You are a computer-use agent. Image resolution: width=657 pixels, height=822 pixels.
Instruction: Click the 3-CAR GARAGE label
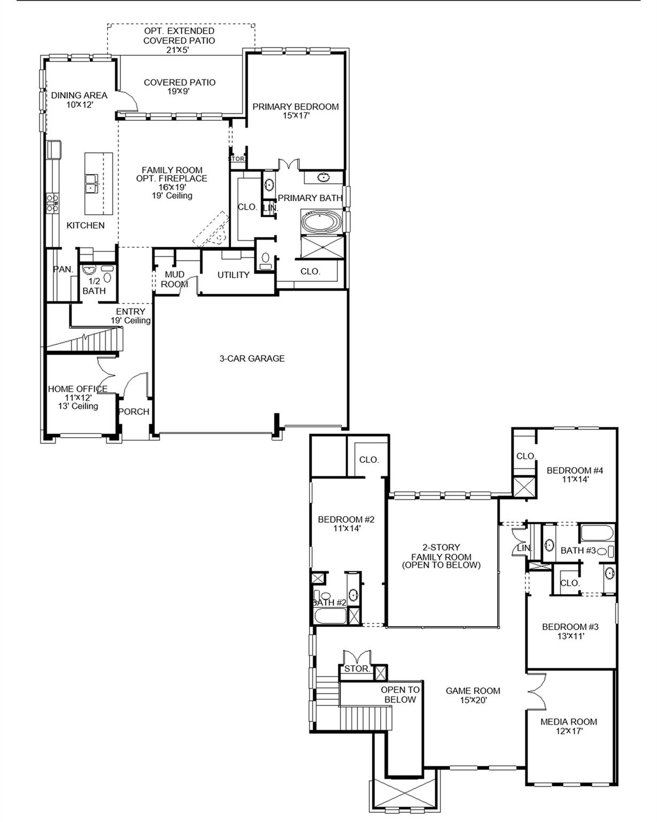click(252, 359)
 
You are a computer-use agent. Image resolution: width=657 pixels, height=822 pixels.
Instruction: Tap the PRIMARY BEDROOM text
click(296, 107)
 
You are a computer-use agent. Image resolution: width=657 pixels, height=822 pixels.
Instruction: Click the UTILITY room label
click(233, 275)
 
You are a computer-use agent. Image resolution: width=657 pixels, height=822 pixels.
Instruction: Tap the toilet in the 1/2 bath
click(107, 277)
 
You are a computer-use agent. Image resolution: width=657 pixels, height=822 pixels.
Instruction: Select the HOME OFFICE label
click(78, 389)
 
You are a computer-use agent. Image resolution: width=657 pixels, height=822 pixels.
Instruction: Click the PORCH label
click(134, 412)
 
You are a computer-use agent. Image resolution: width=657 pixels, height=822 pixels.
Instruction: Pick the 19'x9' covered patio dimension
click(180, 92)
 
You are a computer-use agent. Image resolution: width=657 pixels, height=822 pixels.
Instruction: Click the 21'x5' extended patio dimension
click(179, 50)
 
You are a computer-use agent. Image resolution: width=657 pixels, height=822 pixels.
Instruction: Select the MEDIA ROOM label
click(568, 722)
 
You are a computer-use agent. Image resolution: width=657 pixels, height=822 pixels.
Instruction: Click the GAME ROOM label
click(473, 691)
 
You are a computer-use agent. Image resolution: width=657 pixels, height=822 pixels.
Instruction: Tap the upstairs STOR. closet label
click(357, 669)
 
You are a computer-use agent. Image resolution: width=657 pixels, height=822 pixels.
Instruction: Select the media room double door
click(536, 690)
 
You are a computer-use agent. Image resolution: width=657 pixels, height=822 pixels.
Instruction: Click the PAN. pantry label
click(63, 270)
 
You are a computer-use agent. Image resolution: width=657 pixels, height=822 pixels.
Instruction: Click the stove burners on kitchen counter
click(52, 203)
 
